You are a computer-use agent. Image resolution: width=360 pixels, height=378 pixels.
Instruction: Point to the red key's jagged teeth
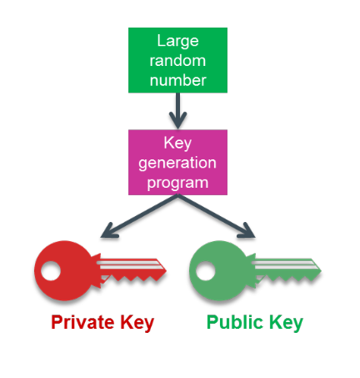tap(133, 278)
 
